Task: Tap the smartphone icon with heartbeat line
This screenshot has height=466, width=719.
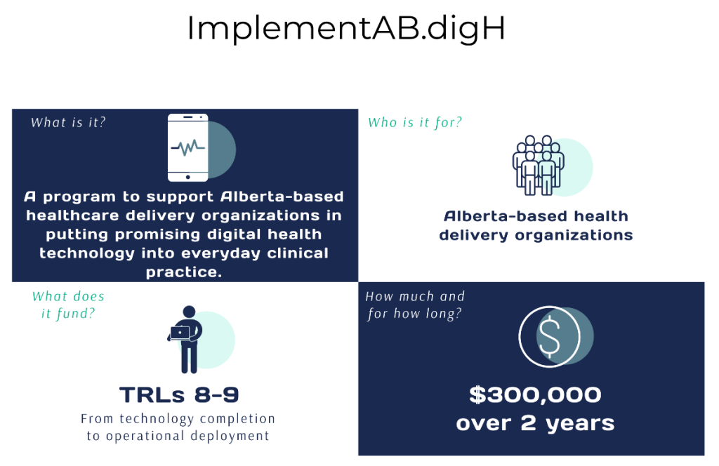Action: (188, 147)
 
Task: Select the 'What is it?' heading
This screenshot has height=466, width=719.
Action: (68, 122)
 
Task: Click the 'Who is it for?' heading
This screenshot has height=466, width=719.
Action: (415, 122)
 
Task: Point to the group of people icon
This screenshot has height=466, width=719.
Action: (539, 166)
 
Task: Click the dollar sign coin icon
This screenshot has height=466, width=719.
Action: (549, 337)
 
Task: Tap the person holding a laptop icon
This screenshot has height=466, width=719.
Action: (185, 339)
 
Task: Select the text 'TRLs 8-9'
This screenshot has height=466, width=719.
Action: (179, 395)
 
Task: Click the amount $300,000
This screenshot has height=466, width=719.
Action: (535, 395)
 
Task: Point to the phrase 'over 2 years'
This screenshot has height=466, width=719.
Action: (535, 423)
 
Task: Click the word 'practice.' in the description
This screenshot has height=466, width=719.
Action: (184, 272)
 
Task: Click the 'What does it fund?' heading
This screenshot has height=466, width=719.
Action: (68, 305)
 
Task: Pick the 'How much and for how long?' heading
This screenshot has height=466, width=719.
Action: (415, 305)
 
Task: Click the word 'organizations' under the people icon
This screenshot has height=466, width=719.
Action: (574, 236)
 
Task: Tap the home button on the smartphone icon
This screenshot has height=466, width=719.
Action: (188, 177)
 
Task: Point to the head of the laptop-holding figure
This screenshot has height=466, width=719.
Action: (189, 312)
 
